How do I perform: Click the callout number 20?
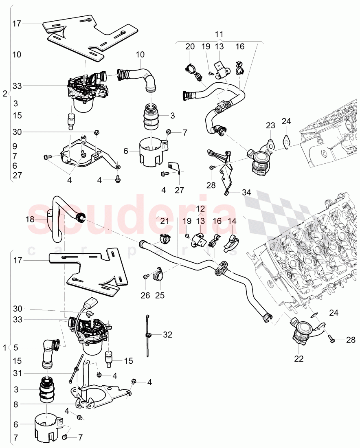191,47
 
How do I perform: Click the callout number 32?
168,335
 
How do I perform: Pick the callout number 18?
30,219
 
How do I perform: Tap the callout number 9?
14,146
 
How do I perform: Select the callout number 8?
15,405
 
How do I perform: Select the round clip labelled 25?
158,275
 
